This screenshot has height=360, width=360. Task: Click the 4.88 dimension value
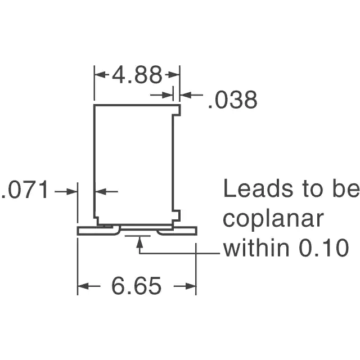click(x=137, y=75)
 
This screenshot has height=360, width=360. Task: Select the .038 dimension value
click(x=232, y=100)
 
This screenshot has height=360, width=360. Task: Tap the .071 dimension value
click(x=25, y=190)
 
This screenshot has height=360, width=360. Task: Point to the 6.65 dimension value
click(x=136, y=286)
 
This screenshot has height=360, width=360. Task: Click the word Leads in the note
click(x=258, y=188)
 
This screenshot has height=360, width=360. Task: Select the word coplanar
click(x=273, y=219)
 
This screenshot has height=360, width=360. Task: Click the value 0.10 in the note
click(x=324, y=248)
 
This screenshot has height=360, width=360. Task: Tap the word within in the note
click(x=256, y=247)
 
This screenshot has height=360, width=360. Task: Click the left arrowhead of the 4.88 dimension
click(x=100, y=75)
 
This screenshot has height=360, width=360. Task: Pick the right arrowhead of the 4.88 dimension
click(x=174, y=75)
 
